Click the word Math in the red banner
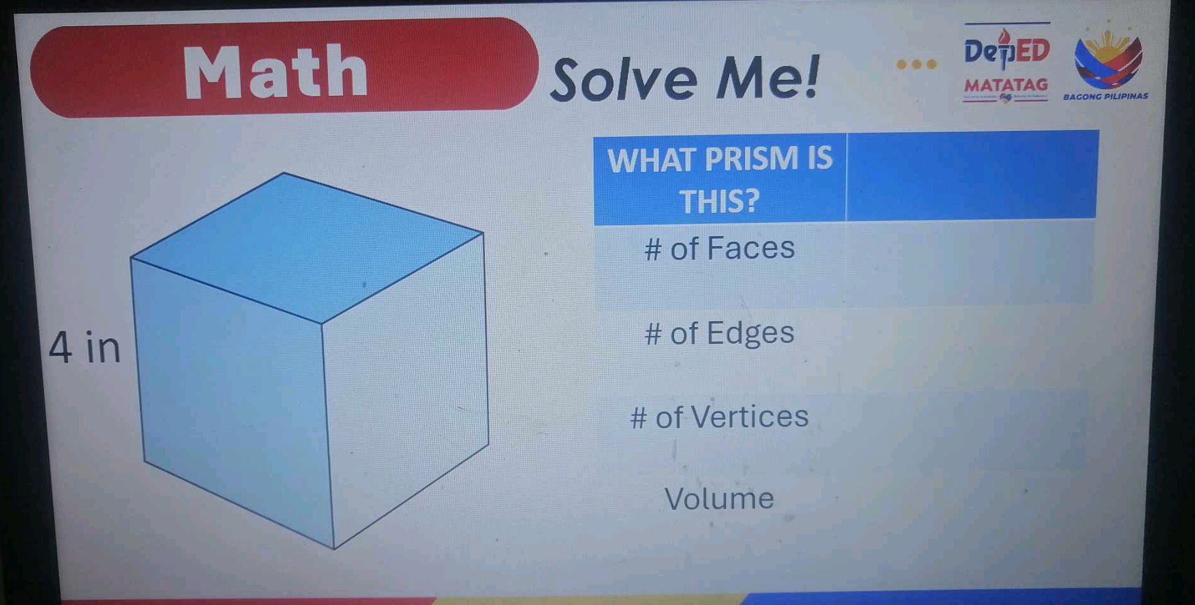[276, 73]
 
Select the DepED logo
[1006, 50]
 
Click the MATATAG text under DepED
[1006, 85]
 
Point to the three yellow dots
[916, 64]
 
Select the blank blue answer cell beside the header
[971, 175]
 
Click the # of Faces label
[720, 248]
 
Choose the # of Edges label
[720, 333]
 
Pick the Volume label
[720, 499]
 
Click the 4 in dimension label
[85, 348]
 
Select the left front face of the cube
[232, 400]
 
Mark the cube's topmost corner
[284, 173]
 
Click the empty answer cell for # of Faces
[969, 262]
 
